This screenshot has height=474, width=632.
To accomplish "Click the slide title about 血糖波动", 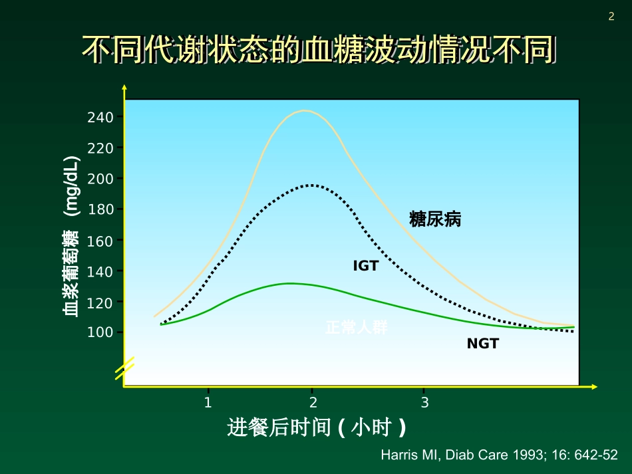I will [x=318, y=51].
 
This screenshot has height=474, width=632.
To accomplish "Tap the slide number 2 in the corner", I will [x=611, y=17].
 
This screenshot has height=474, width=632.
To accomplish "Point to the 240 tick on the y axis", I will [x=101, y=117].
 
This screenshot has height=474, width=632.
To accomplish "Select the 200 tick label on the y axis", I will [x=101, y=178].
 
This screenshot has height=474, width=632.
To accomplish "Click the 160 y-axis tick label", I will [x=101, y=240].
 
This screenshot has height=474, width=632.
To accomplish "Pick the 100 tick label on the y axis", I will [x=101, y=332].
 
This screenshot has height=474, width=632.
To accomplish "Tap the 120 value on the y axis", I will [x=101, y=302].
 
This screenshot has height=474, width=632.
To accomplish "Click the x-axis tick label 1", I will [x=208, y=402].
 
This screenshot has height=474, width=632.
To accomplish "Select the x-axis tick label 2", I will [x=313, y=402].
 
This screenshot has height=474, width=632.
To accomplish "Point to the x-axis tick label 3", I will [x=424, y=402].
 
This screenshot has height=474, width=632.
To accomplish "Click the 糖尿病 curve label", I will [x=435, y=219].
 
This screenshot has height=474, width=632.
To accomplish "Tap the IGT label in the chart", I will [x=365, y=266].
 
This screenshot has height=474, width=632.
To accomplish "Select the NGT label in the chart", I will [x=482, y=344].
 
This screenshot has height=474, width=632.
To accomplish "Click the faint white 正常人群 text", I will [x=357, y=328].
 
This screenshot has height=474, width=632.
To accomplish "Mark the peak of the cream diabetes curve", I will [x=305, y=110].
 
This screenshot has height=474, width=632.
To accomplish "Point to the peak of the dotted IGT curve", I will [x=311, y=185].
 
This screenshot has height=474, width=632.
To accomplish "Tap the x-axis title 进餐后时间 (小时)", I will [x=317, y=427].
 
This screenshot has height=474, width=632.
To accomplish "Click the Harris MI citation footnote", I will [x=499, y=456].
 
